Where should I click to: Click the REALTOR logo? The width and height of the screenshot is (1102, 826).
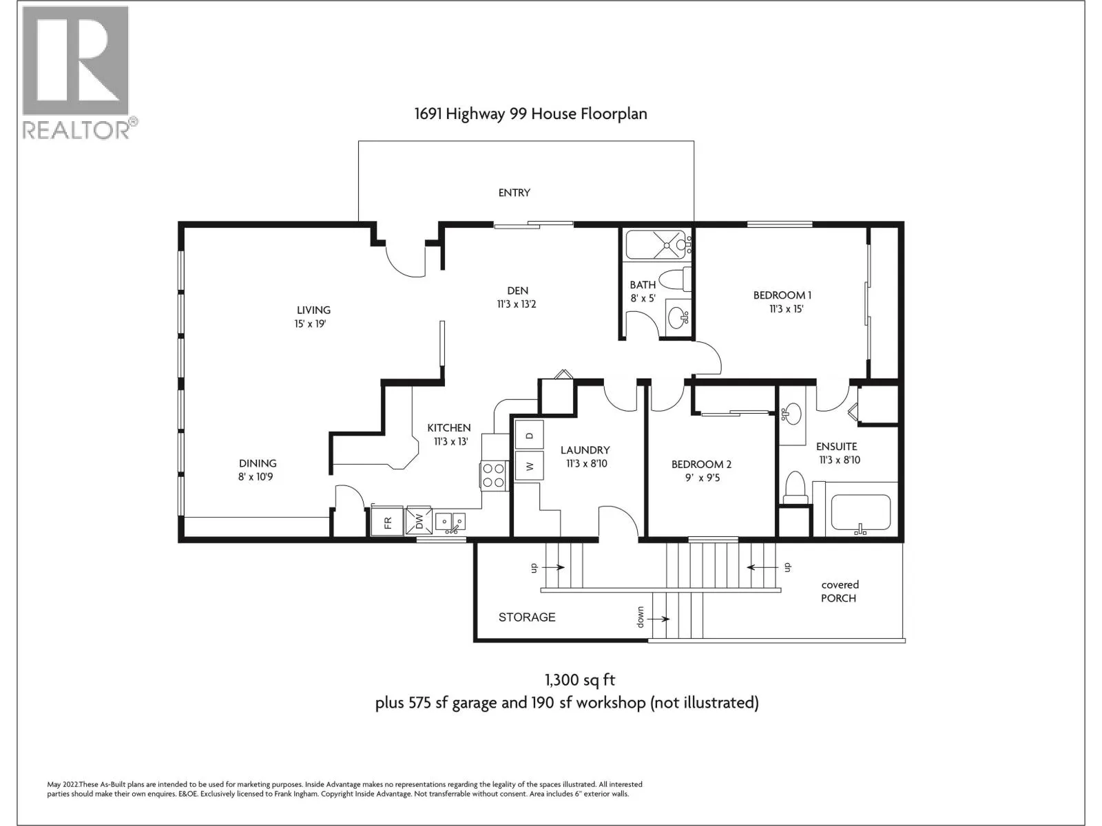[80, 73]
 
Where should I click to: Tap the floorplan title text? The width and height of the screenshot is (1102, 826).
[530, 114]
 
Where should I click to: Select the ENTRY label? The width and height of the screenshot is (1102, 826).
[514, 193]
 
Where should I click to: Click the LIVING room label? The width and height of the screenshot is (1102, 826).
[313, 310]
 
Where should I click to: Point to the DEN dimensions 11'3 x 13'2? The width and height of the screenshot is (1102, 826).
[517, 304]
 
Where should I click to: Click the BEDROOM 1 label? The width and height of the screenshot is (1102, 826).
[782, 295]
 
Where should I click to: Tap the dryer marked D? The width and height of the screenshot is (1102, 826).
[529, 434]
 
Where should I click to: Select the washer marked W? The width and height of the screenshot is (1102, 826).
[529, 466]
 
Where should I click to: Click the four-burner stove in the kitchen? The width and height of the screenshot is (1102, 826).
[493, 476]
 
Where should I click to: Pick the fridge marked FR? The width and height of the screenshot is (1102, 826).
[387, 522]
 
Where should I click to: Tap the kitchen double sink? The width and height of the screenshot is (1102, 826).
[450, 522]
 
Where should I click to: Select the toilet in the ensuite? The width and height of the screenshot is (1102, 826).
[796, 487]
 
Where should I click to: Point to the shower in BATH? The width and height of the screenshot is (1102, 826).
[656, 245]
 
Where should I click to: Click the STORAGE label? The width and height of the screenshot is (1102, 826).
[527, 617]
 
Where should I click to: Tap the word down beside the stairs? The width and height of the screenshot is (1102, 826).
[640, 617]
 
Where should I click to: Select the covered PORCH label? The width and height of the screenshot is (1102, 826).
[840, 591]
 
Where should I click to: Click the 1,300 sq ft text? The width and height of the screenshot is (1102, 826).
[580, 680]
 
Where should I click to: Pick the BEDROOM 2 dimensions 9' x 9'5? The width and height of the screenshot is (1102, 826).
[703, 478]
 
